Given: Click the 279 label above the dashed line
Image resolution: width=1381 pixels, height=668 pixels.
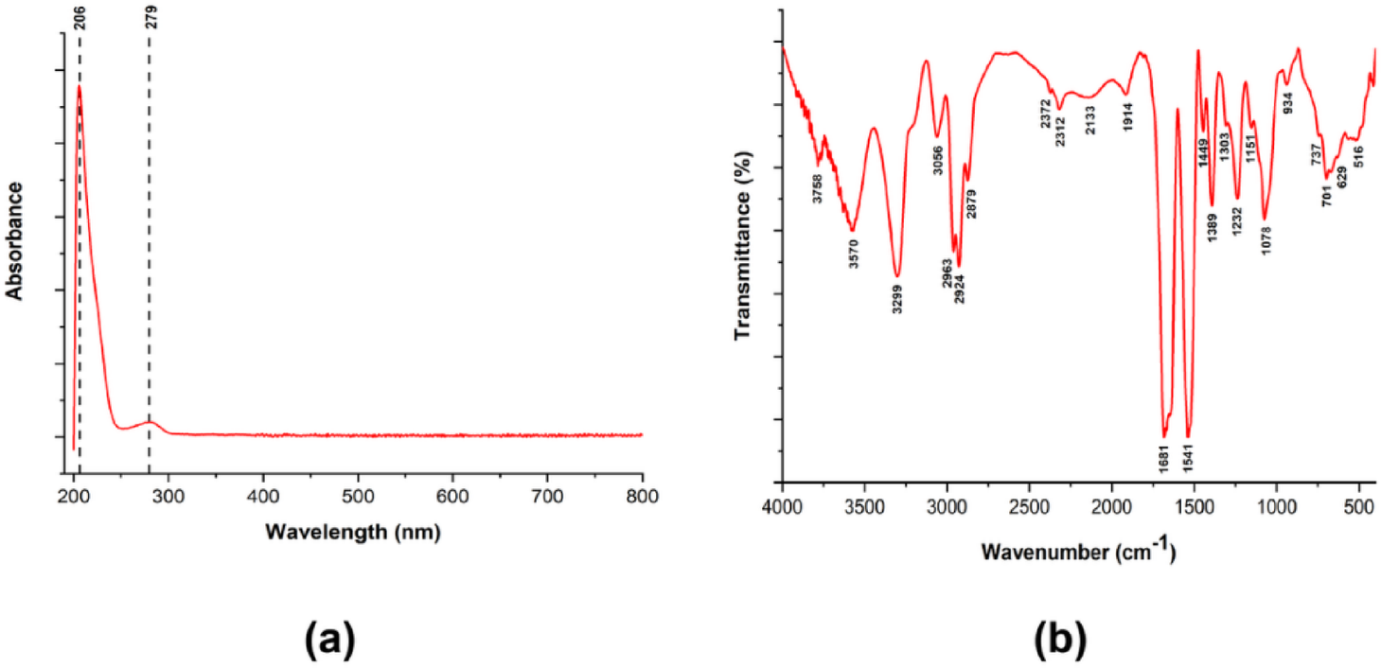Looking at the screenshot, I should pyautogui.click(x=150, y=17).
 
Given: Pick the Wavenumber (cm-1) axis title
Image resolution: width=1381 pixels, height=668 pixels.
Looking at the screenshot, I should pyautogui.click(x=1078, y=551).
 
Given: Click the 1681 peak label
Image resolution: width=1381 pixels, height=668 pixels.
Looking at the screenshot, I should pyautogui.click(x=1164, y=458).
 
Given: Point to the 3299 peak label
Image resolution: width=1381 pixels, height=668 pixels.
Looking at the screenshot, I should pyautogui.click(x=897, y=298).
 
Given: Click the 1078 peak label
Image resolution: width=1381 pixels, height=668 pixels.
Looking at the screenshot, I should pyautogui.click(x=1266, y=231).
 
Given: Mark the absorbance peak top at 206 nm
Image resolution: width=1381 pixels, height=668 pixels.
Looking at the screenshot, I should pyautogui.click(x=80, y=86).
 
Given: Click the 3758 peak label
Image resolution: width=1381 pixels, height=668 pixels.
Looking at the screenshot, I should pyautogui.click(x=818, y=187).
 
